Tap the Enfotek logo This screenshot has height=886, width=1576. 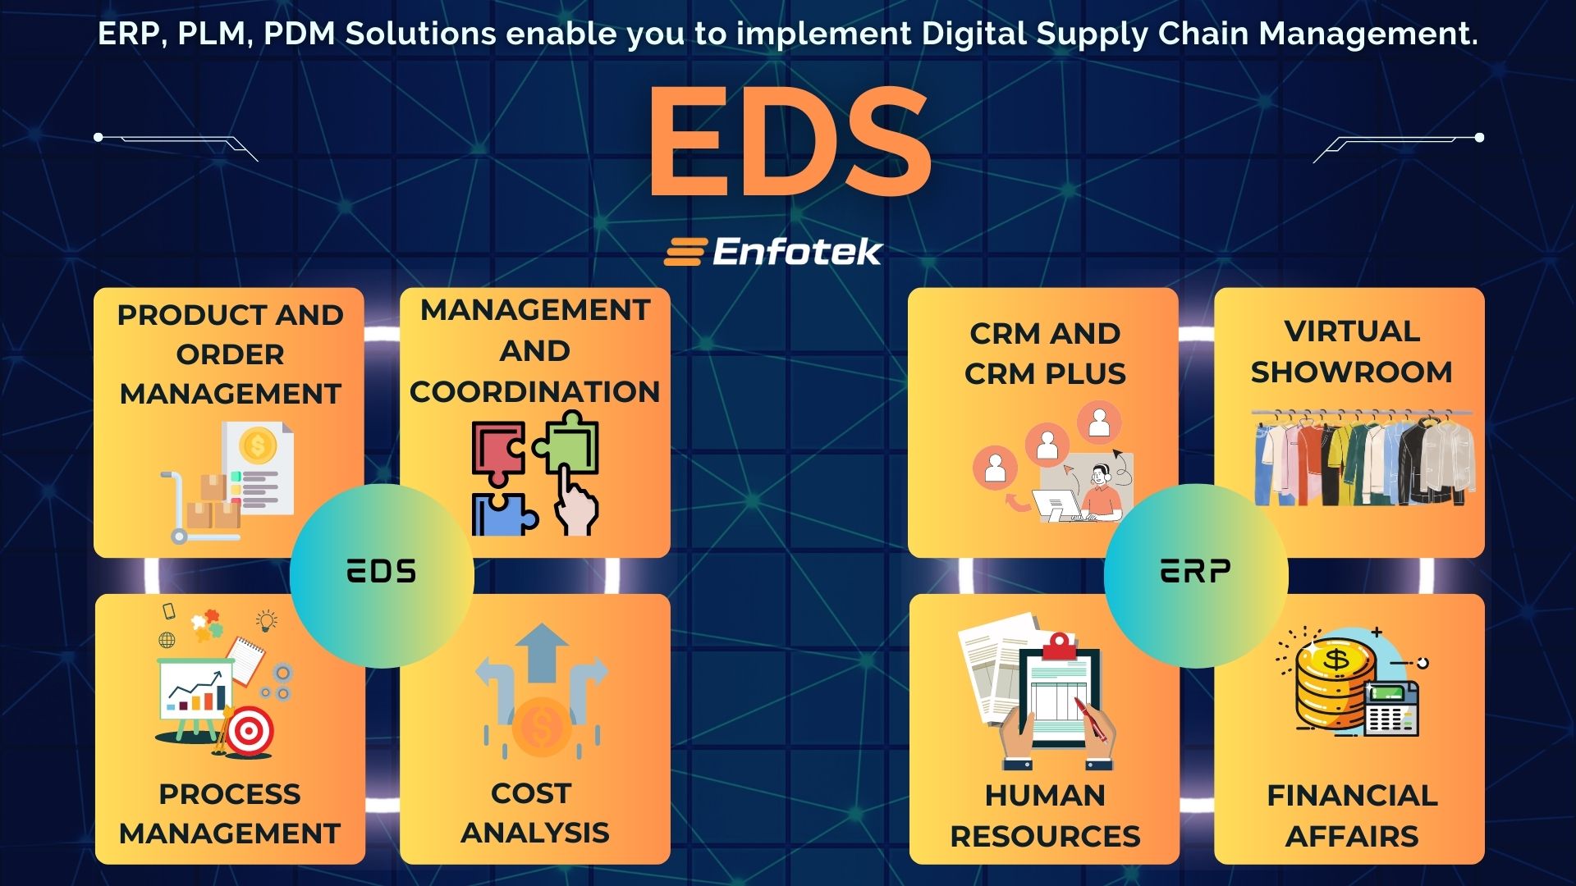pyautogui.click(x=773, y=252)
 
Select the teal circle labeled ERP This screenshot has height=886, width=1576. pyautogui.click(x=1195, y=574)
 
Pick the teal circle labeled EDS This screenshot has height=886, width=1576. pyautogui.click(x=382, y=574)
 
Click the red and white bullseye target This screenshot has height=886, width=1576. pyautogui.click(x=249, y=731)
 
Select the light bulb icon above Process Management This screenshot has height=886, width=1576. pyautogui.click(x=266, y=620)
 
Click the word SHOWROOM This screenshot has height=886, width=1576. pyautogui.click(x=1351, y=372)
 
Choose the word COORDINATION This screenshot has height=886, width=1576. pyautogui.click(x=534, y=392)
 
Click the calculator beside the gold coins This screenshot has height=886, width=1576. pyautogui.click(x=1391, y=709)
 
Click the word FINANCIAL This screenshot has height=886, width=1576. pyautogui.click(x=1352, y=796)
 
